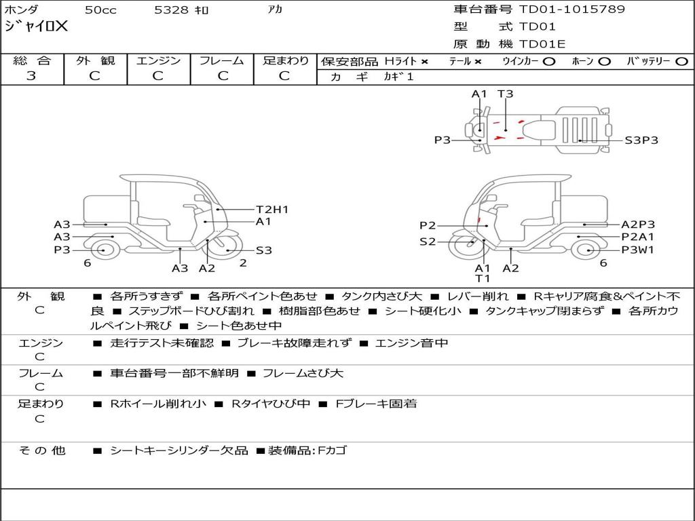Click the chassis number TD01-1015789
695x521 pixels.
[571, 9]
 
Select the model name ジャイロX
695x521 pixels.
[37, 26]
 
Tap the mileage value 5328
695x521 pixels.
[171, 9]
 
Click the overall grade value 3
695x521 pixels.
[31, 76]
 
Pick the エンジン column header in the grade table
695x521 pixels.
[158, 60]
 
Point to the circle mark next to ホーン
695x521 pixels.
[604, 62]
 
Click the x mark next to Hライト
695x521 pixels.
[425, 62]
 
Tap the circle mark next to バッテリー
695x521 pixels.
[681, 62]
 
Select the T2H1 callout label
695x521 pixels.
[272, 210]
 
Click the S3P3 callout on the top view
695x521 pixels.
[641, 140]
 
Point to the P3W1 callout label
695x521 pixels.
[638, 250]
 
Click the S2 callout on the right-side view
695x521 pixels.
[428, 242]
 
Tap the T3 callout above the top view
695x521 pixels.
[505, 94]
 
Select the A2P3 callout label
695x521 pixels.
[638, 225]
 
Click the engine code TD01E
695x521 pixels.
[542, 44]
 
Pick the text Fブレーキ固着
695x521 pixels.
[376, 404]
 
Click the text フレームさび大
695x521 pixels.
[303, 374]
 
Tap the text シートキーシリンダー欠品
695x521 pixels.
[179, 450]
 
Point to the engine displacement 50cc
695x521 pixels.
[100, 9]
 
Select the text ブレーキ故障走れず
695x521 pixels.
[295, 343]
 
